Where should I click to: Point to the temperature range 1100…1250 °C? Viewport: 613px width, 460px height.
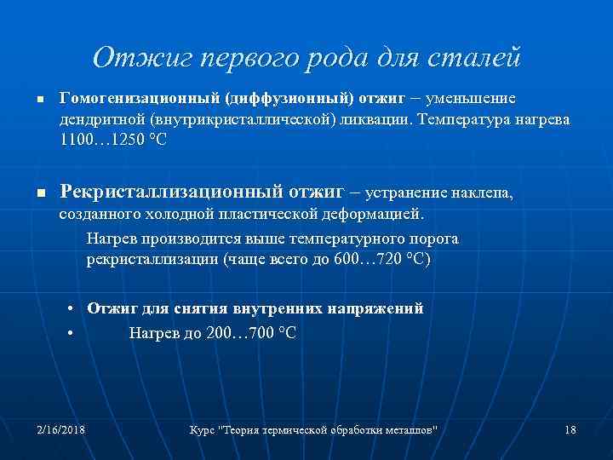(x=107, y=140)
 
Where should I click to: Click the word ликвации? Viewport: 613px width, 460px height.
(x=380, y=119)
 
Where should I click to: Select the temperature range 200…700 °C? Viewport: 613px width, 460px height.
(x=251, y=332)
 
